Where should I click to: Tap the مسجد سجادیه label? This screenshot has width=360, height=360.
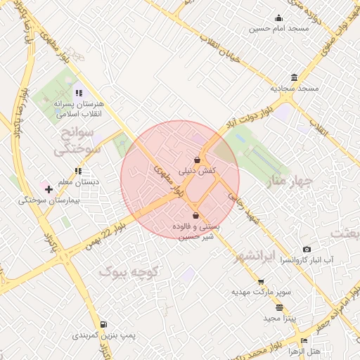pos(295,89)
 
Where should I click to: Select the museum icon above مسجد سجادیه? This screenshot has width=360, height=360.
pos(293,77)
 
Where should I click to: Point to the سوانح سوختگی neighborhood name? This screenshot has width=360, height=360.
pos(77,141)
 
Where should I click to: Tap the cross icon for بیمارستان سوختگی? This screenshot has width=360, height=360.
pos(49,189)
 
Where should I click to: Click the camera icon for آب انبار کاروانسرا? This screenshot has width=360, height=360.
pos(307,250)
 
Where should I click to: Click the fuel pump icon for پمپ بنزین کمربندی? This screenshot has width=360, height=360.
pos(103,324)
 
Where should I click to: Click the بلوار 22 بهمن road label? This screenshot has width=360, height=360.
pos(106,238)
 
